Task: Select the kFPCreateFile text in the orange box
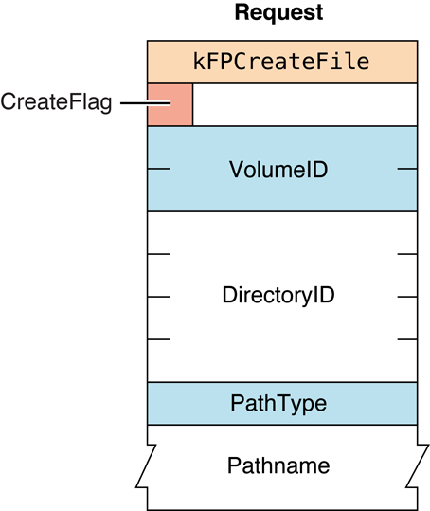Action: coord(282,63)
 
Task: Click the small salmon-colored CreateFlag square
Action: coord(170,104)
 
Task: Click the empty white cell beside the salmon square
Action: coord(304,104)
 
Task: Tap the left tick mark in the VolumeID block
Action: coord(159,169)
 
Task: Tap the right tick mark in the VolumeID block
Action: coord(406,169)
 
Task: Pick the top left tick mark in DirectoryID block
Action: coord(159,254)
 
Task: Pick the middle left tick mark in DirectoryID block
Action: coord(159,296)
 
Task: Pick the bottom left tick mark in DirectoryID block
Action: coord(159,338)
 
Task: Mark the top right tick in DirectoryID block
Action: coord(406,254)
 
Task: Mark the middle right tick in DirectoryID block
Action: coord(406,296)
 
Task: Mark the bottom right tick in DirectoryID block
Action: coord(406,338)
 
